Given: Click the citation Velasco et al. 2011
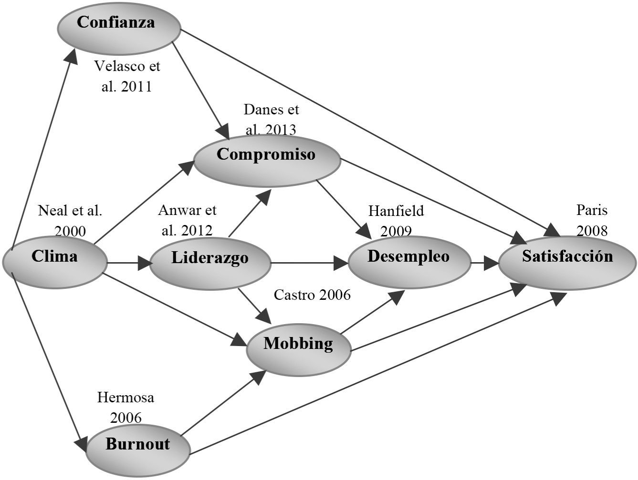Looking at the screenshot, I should (127, 76).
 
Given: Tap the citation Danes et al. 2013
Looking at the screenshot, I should (271, 119).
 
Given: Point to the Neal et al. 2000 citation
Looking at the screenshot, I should (70, 220).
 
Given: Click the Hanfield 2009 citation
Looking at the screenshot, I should (396, 220).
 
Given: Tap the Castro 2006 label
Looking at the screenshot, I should (312, 295).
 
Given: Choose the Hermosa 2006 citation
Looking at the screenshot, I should (126, 407).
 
